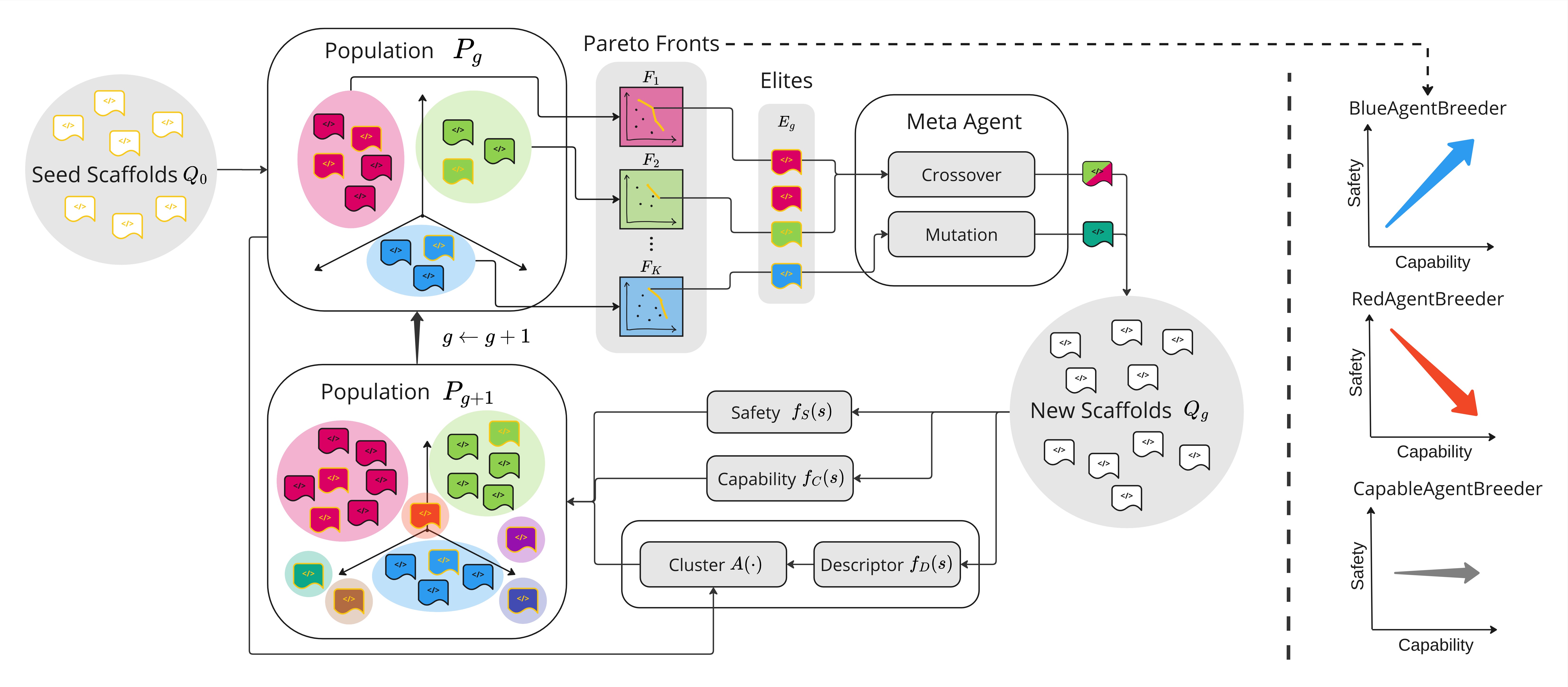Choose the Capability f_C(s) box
tap(779, 478)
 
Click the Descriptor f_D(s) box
tap(886, 564)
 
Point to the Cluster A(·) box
tap(713, 564)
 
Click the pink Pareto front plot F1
tap(651, 117)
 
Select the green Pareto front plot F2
tap(651, 199)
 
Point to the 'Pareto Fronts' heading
tap(651, 44)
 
